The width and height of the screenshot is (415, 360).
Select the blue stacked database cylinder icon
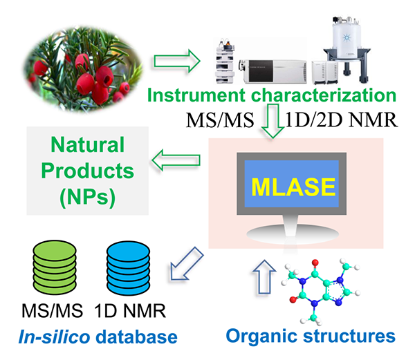127,265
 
